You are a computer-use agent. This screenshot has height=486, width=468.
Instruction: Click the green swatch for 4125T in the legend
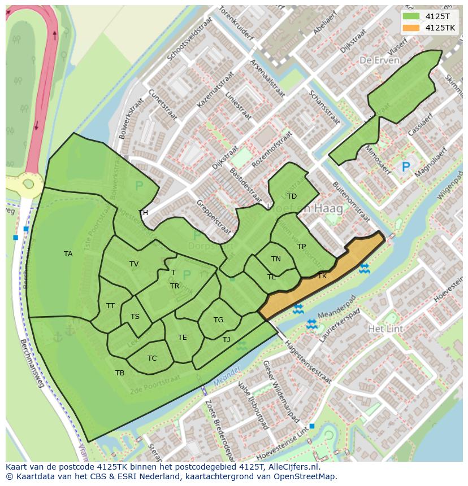[x=412, y=16]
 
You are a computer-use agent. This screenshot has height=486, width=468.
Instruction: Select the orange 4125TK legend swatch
[x=412, y=28]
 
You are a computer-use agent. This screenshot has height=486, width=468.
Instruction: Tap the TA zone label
[x=68, y=254]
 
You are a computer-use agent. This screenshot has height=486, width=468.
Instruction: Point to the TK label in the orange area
[x=322, y=276]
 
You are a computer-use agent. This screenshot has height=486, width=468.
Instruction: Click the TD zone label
[x=292, y=196]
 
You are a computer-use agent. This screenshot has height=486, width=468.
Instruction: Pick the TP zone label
[x=301, y=247]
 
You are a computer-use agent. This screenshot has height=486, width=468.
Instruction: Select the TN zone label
[x=276, y=259]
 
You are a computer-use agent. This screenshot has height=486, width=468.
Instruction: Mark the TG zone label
[x=218, y=320]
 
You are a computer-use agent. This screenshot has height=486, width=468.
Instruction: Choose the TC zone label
[x=152, y=358]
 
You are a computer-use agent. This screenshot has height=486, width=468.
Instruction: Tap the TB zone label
[x=120, y=373]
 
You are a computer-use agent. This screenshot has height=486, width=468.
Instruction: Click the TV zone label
[x=134, y=264]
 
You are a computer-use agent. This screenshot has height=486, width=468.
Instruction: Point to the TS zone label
[x=135, y=317]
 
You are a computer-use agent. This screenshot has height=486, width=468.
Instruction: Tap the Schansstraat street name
[x=324, y=107]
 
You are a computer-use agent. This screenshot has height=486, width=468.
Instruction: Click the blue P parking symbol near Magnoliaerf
[x=405, y=167]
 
